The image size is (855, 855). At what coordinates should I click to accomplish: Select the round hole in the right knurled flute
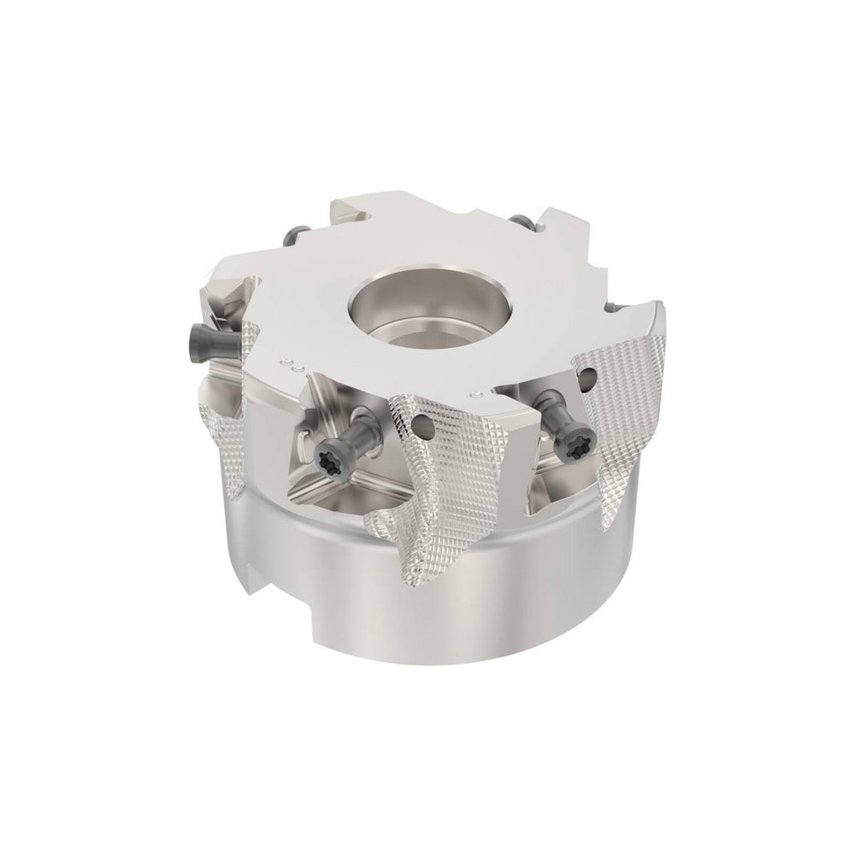pos(591,375)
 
